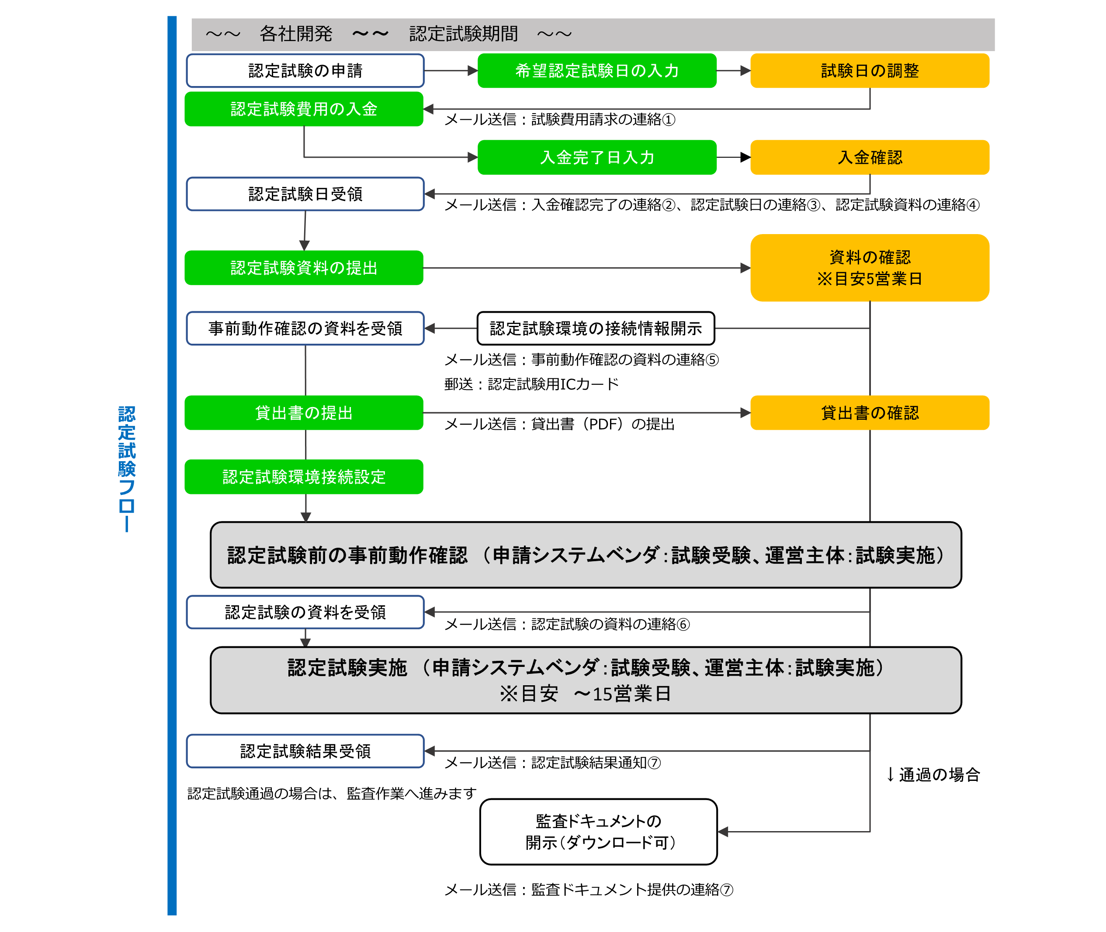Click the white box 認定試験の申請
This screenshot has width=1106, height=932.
pyautogui.click(x=305, y=70)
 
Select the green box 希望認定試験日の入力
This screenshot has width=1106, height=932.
pyautogui.click(x=596, y=70)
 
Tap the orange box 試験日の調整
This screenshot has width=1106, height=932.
pyautogui.click(x=869, y=70)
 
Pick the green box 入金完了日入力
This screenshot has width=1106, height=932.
pyautogui.click(x=596, y=157)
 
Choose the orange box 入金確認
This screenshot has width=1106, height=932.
pyautogui.click(x=869, y=157)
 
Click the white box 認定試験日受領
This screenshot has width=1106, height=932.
pyautogui.click(x=305, y=194)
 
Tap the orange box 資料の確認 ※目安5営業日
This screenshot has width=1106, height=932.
pyautogui.click(x=869, y=267)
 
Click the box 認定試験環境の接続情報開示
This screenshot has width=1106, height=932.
pyautogui.click(x=595, y=328)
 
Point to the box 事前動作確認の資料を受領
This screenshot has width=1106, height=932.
pyautogui.click(x=305, y=328)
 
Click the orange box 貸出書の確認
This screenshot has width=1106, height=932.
pyautogui.click(x=869, y=413)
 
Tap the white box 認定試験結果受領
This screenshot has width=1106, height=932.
pyautogui.click(x=305, y=750)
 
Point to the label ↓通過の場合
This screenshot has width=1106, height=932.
pyautogui.click(x=933, y=774)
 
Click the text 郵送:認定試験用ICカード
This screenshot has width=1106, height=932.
pyautogui.click(x=531, y=384)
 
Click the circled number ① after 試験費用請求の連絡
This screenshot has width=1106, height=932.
pyautogui.click(x=668, y=120)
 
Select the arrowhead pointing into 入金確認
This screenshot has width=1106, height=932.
pyautogui.click(x=745, y=157)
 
